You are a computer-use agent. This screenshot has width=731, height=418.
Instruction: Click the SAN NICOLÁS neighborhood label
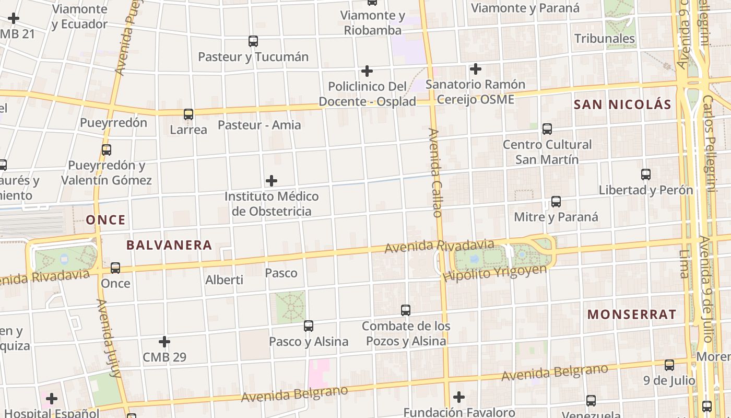coord(622,104)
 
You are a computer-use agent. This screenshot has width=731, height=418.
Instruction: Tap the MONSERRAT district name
coord(632,315)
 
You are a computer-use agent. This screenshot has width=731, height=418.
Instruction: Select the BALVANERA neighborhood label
coord(169,245)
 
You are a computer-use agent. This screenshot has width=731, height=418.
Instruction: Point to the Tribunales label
coord(605,39)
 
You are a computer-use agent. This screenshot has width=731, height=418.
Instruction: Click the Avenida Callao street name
coord(436,172)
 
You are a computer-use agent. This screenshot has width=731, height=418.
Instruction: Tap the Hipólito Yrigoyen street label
coord(495,273)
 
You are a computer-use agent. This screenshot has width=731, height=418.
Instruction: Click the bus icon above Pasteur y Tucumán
coord(253,41)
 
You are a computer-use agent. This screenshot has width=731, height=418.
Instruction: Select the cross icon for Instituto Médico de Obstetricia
coord(272,181)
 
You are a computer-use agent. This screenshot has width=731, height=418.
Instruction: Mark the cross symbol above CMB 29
coord(164,342)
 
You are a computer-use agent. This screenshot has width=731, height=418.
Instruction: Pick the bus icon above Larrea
coord(188,114)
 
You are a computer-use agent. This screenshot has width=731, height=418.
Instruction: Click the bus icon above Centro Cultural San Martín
coord(547,129)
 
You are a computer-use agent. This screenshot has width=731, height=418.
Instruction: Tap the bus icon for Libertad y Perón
coord(646,175)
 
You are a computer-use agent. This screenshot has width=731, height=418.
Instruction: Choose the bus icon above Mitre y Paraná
coord(556,202)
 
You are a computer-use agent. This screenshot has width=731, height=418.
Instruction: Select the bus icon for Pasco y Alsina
coord(309,326)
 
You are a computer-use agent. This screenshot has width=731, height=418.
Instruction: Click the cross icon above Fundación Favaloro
coord(459,397)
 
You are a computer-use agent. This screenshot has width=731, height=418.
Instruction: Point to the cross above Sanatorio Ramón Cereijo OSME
coord(476,68)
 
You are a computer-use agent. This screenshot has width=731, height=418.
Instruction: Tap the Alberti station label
coord(224,280)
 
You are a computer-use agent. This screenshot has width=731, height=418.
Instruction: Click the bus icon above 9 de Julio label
coord(669,365)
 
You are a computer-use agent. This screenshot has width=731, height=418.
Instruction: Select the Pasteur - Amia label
coord(259,125)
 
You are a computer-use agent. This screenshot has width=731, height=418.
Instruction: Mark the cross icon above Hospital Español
coord(51,399)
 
